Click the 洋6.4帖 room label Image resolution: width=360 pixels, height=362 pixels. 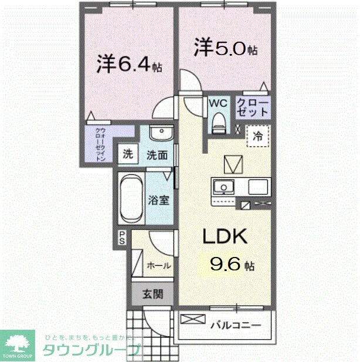[x=130, y=65]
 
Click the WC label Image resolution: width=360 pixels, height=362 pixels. [x=218, y=103]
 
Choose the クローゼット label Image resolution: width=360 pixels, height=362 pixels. [x=253, y=109]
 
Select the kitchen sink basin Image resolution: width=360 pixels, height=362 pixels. [x=223, y=188]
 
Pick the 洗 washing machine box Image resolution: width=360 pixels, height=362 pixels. [x=128, y=155]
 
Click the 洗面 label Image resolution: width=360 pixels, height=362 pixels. [x=157, y=155]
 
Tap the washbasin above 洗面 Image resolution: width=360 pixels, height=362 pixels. [x=158, y=134]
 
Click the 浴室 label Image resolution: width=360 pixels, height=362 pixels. [x=159, y=200]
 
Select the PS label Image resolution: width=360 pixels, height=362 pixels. [x=123, y=238]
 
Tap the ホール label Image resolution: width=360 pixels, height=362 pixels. [x=158, y=266]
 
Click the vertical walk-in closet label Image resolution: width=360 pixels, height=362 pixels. [x=100, y=144]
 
